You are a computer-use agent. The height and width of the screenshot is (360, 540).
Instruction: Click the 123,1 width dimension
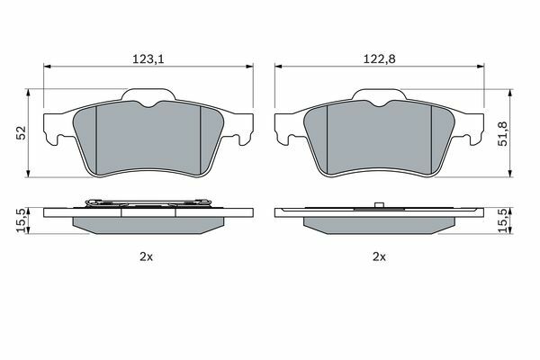coord(148,59)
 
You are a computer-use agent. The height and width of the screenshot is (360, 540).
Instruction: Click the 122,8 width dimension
coord(380,59)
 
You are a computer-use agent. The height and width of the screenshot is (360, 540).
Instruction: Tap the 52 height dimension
coord(22,132)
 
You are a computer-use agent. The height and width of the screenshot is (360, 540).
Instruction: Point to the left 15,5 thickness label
coord(22,220)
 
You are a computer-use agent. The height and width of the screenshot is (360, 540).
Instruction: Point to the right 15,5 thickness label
coord(503,220)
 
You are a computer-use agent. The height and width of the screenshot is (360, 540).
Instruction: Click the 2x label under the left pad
coord(146,256)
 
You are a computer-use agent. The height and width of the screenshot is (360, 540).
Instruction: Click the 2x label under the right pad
coord(379,256)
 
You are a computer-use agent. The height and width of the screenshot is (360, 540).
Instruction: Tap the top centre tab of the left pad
coord(148,94)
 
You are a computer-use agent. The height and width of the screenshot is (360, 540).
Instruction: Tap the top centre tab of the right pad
coord(379,94)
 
